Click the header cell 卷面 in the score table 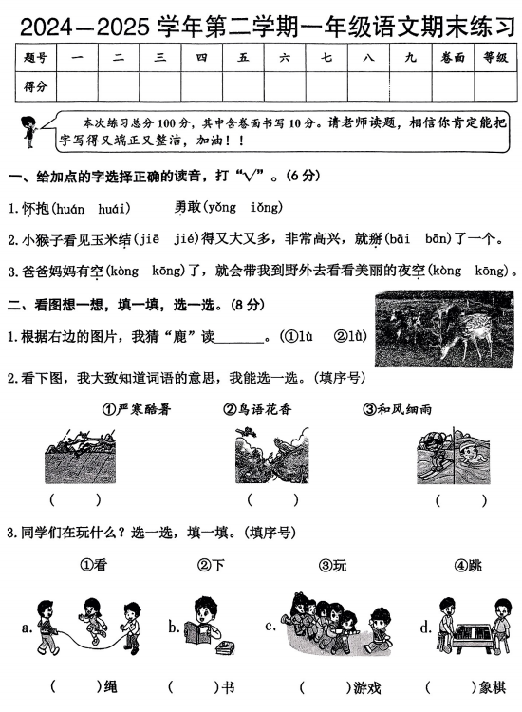pos(453,58)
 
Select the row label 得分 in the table pos(36,86)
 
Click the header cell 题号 pos(36,58)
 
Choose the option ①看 pos(92,565)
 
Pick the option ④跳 pos(467,565)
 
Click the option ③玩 pos(332,565)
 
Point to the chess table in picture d pos(475,633)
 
